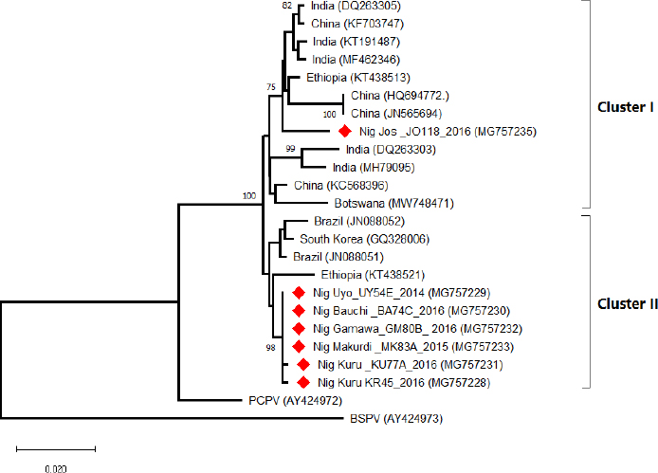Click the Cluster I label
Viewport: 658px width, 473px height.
pyautogui.click(x=626, y=106)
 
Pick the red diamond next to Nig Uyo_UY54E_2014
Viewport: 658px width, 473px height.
pyautogui.click(x=298, y=293)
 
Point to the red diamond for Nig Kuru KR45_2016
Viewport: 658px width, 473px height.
pyautogui.click(x=303, y=382)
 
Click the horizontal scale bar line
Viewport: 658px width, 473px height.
pyautogui.click(x=55, y=446)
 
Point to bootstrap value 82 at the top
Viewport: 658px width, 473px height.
pyautogui.click(x=288, y=7)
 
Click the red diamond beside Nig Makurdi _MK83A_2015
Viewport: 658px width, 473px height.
pyautogui.click(x=298, y=346)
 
